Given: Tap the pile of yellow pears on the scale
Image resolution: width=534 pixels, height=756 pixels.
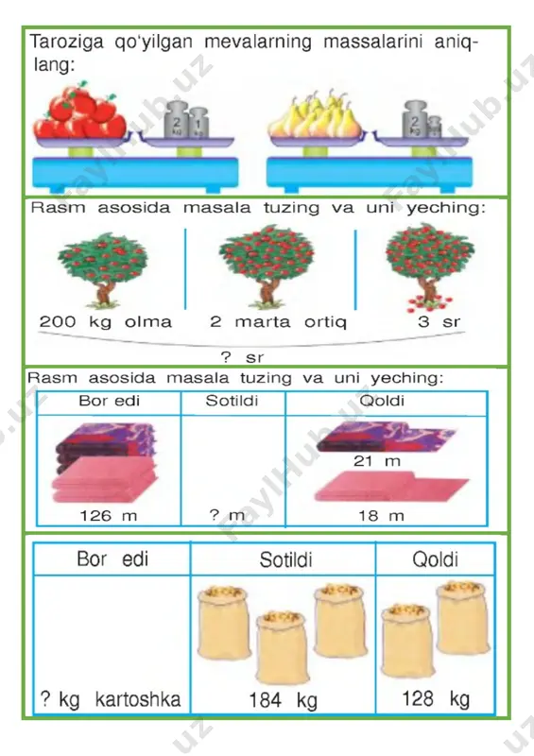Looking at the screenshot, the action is point(315,114).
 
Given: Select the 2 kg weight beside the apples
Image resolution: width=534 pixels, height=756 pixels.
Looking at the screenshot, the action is point(177,120).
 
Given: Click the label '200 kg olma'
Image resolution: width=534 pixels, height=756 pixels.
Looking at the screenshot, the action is point(105,321).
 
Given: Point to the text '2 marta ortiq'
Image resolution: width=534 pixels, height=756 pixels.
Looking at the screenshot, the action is point(278,321).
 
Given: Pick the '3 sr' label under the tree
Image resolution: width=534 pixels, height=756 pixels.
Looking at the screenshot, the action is point(439,321).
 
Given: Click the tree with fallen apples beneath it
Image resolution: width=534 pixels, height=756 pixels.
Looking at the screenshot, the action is point(429,266).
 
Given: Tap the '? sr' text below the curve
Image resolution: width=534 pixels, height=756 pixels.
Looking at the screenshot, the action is point(242,357).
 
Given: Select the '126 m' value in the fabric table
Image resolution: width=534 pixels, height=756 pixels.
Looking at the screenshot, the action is point(108,516).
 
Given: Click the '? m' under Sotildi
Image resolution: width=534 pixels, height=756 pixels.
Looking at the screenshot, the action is point(227,515).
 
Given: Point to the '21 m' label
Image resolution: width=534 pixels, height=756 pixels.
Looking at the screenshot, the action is point(377,461).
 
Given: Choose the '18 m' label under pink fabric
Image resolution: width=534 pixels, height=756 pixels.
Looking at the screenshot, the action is point(381,516).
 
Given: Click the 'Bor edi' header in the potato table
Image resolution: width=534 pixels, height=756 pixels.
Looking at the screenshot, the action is point(112,559).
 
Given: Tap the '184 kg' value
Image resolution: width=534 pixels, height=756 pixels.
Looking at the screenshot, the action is point(284,699).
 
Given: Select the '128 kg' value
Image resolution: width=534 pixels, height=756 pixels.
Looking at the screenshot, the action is point(436,698).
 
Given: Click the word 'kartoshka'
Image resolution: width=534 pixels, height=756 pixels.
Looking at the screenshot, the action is point(138,699).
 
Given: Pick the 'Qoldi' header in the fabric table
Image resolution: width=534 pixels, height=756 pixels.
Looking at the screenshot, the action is point(382,401).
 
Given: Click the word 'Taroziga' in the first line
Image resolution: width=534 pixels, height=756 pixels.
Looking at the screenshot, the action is point(66,43).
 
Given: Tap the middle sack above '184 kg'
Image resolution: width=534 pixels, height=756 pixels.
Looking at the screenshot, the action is point(283,647).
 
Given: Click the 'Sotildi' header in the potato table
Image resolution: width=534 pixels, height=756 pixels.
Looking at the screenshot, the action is point(285,559).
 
